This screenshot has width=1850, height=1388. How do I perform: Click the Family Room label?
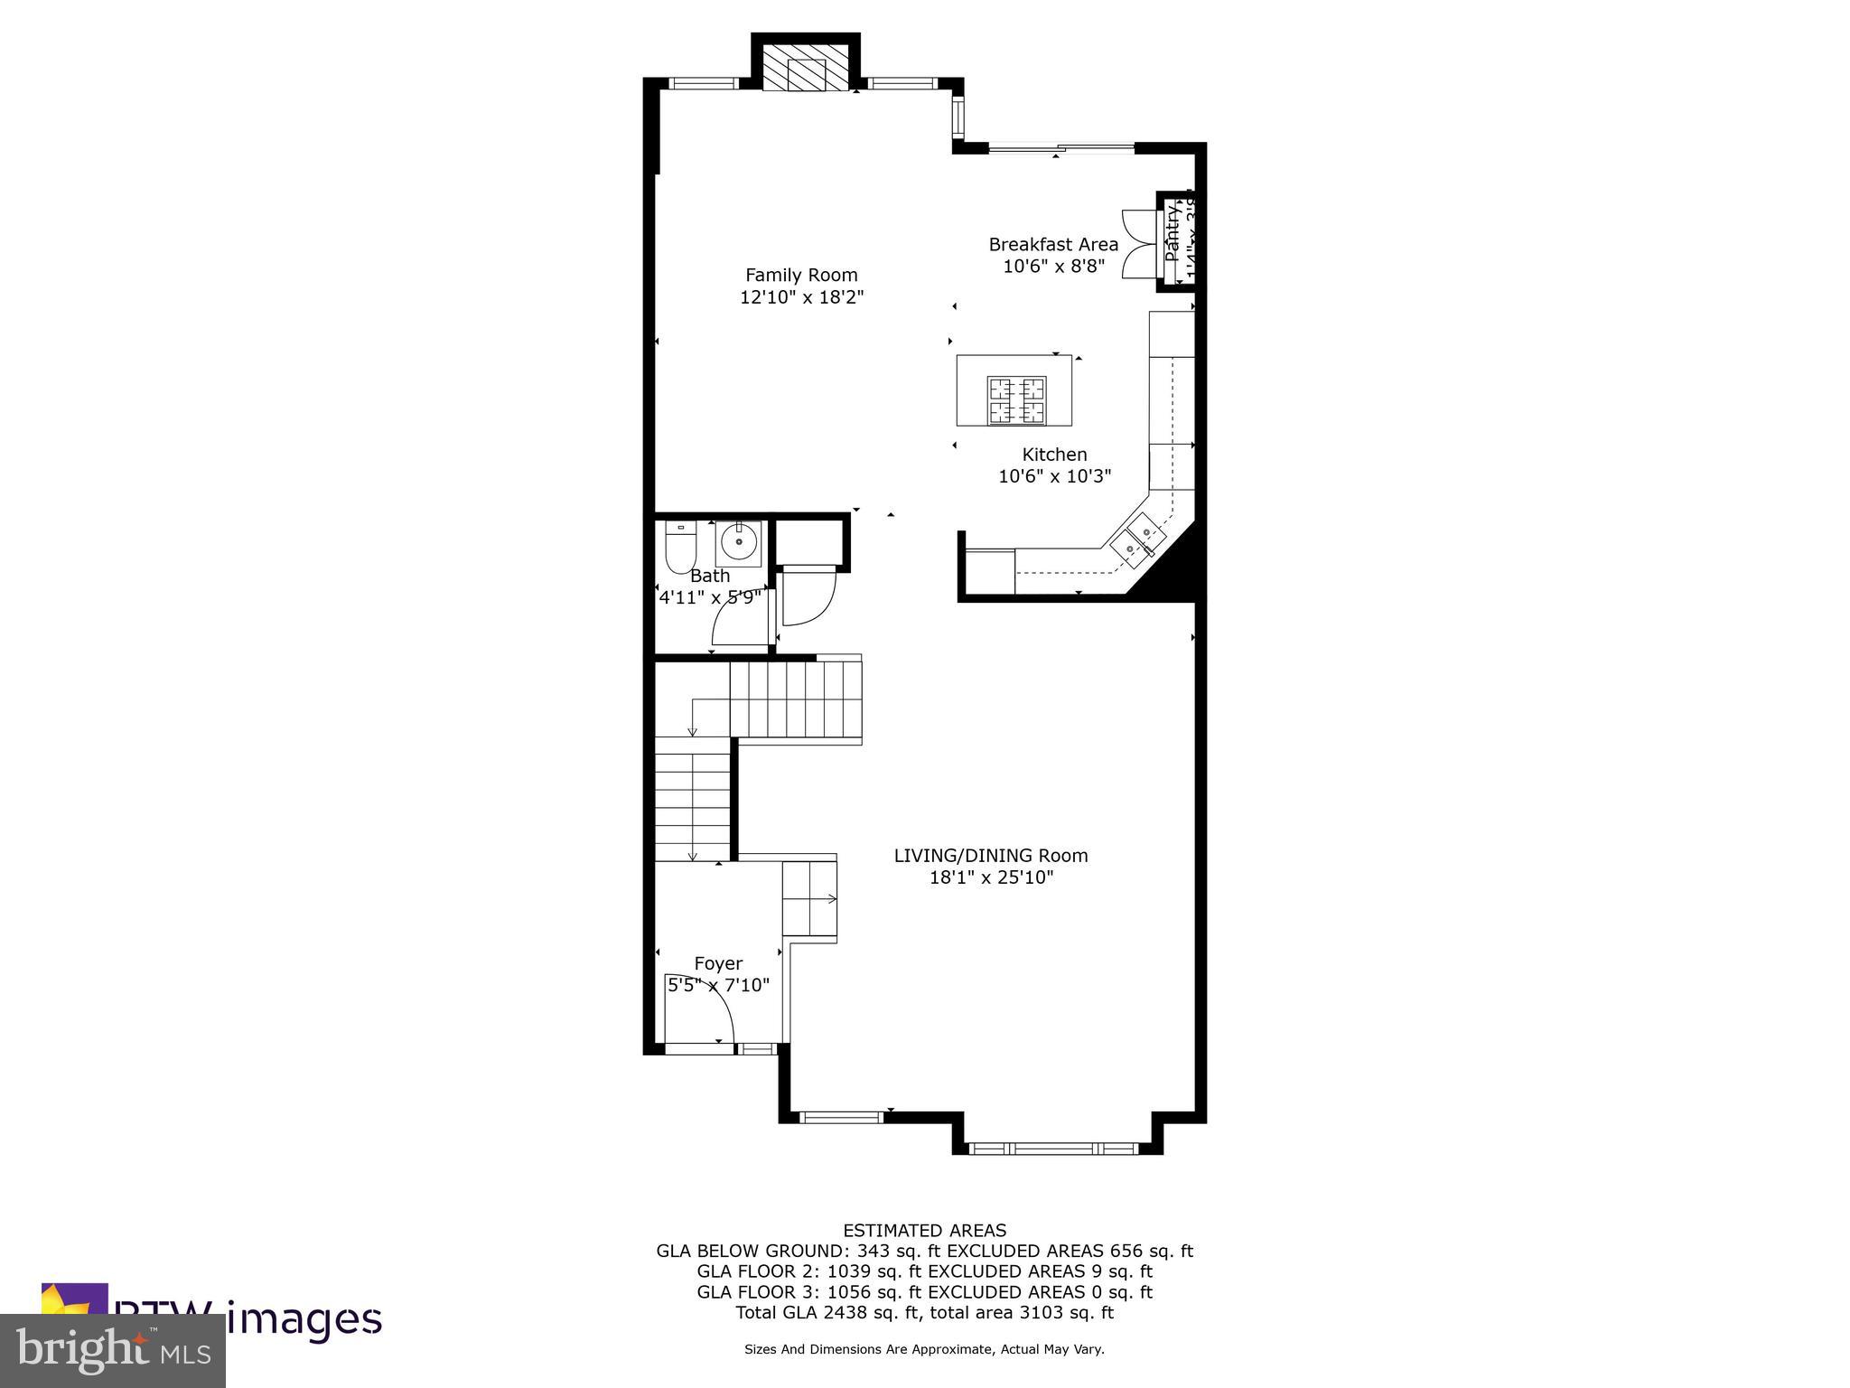801,275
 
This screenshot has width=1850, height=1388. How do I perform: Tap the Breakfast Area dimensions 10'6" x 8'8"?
1053,267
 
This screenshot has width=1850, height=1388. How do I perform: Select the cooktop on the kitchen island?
1017,400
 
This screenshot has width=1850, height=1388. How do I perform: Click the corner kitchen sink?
1136,539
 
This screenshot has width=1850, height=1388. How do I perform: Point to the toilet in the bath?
679,547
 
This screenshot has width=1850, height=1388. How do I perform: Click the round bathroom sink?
739,542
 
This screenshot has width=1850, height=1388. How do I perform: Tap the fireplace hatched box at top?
807,69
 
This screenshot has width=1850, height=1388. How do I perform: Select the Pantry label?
1172,233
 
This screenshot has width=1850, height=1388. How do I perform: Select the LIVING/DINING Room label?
991,855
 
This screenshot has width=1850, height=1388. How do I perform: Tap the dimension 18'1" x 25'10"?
991,877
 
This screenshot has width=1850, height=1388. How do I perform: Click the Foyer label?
718,963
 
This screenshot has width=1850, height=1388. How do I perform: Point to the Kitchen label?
1054,455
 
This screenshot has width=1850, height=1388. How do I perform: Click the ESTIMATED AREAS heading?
924,1230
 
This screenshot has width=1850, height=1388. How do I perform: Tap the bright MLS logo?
113,1349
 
